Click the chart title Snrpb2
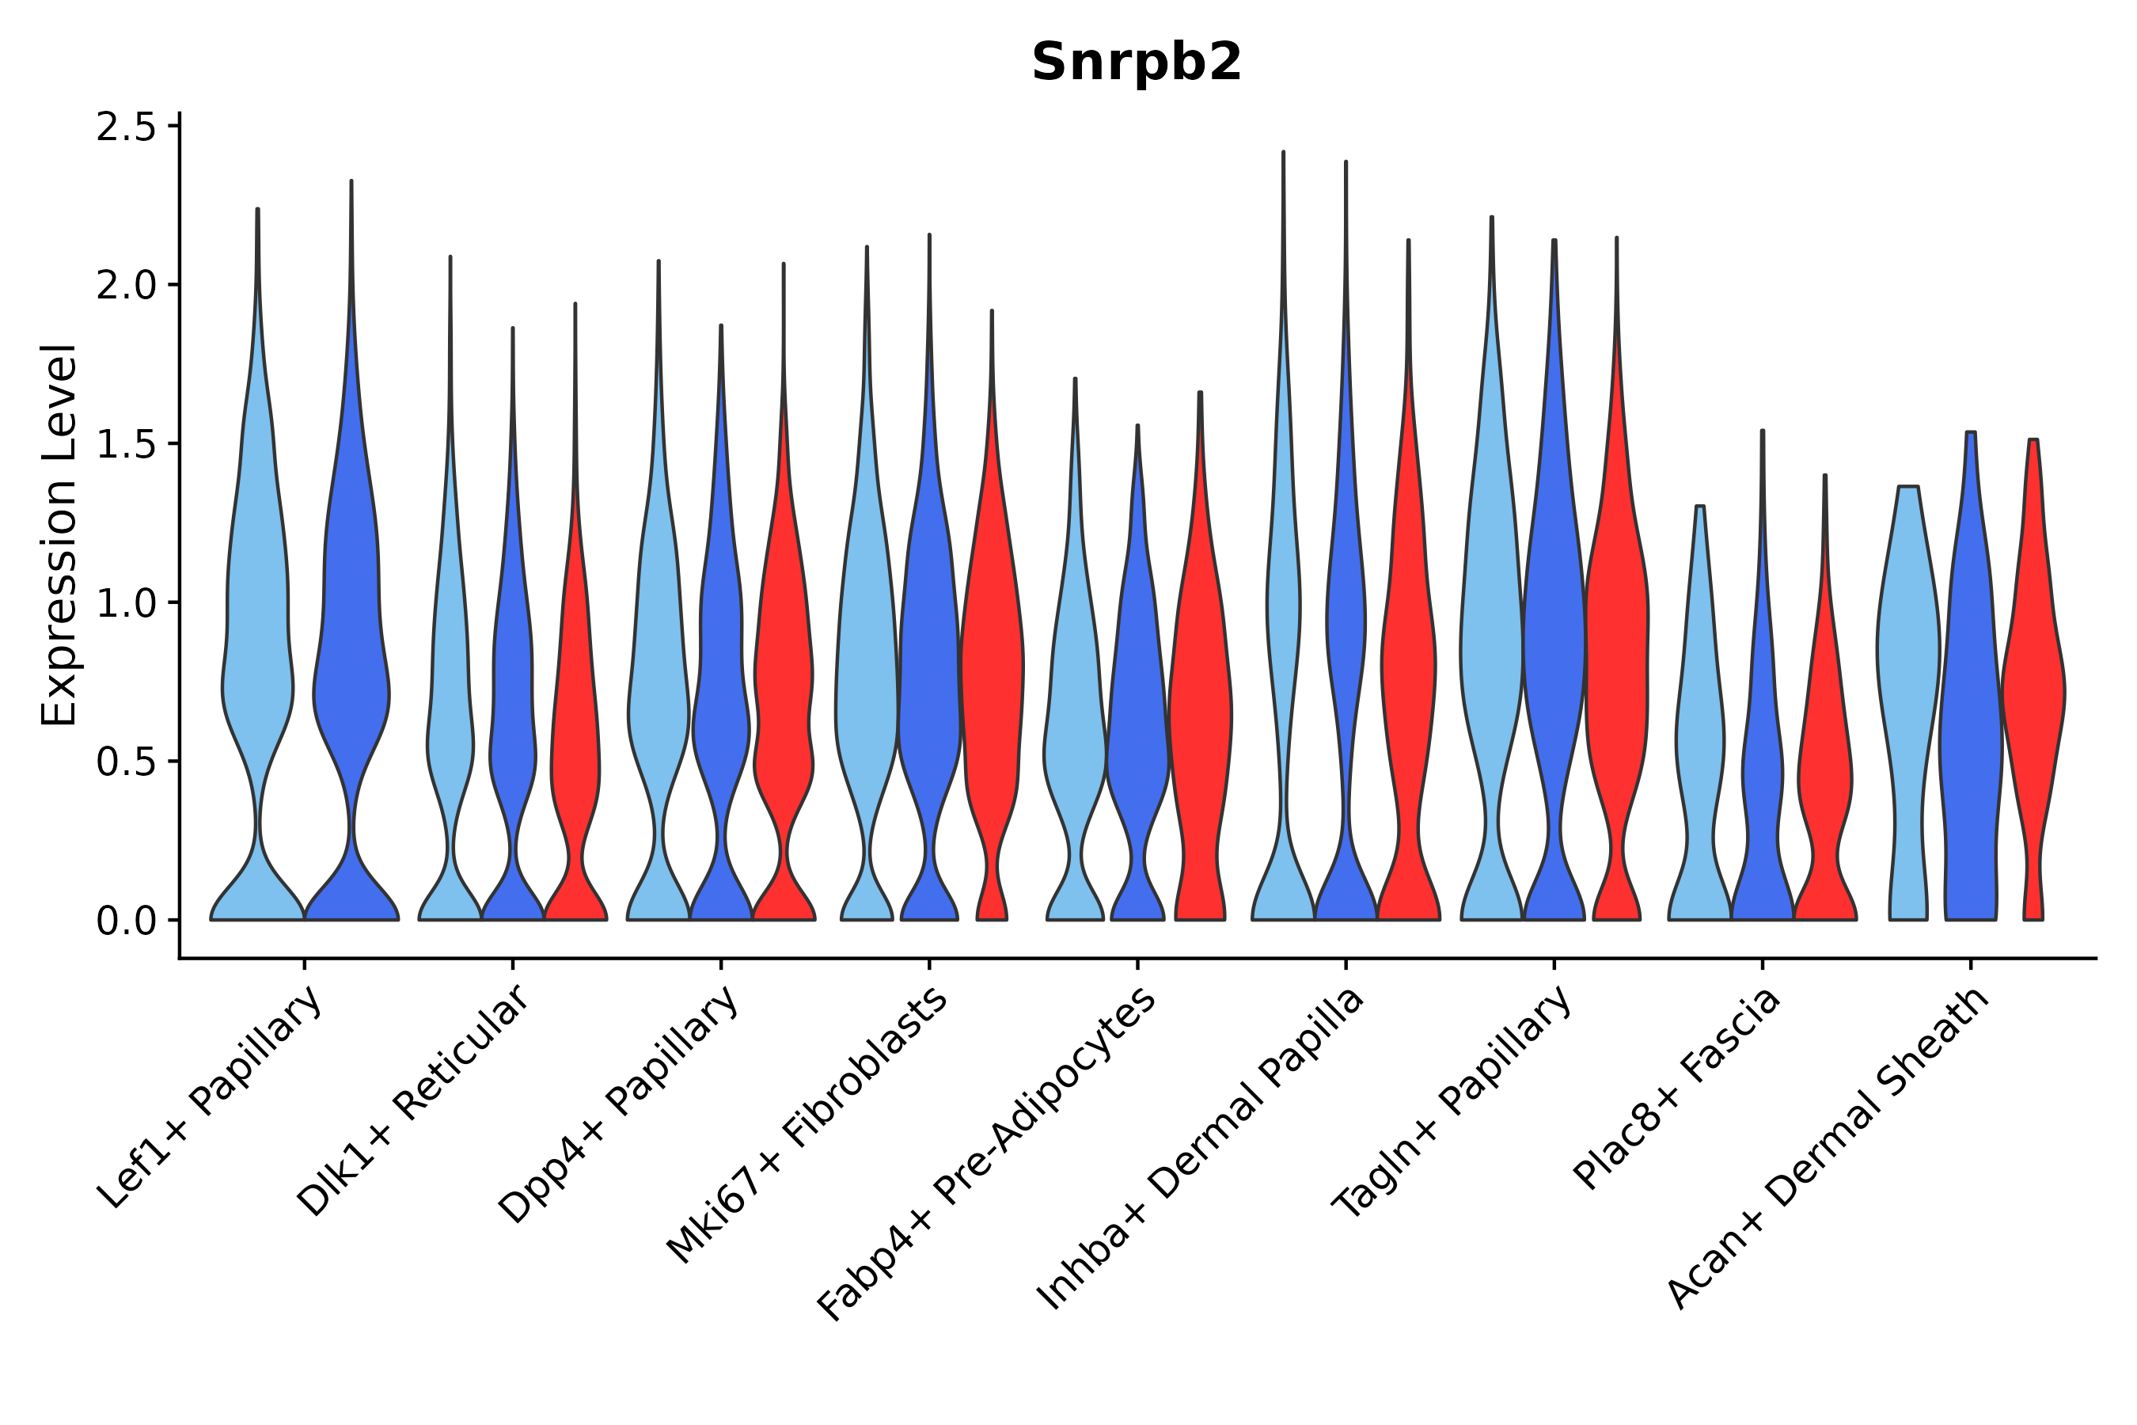[1136, 63]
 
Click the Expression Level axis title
[60, 535]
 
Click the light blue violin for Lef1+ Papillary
[257, 636]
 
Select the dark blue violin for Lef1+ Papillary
[351, 636]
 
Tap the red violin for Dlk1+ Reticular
[575, 727]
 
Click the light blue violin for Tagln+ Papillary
[1491, 636]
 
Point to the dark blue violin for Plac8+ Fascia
[1762, 773]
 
